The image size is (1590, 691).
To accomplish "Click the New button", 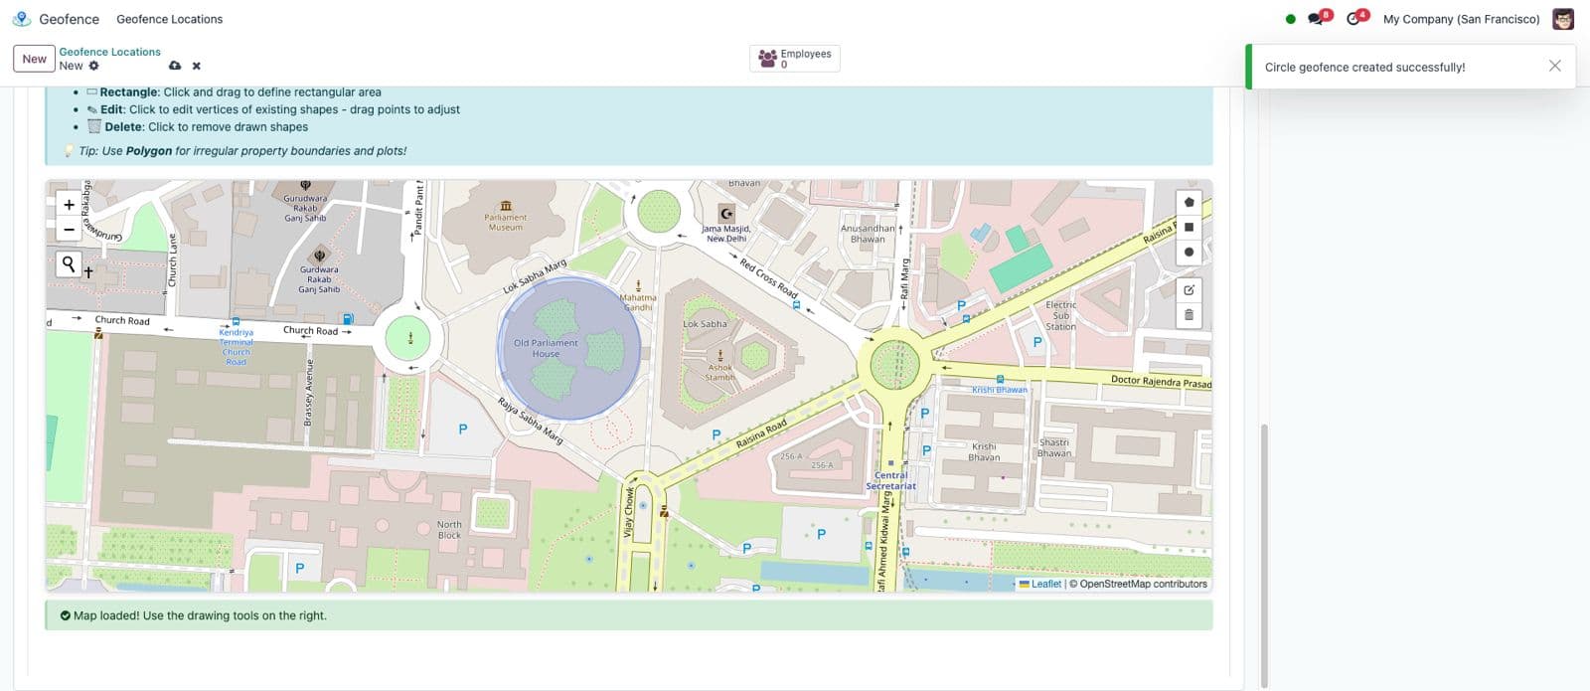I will [x=34, y=59].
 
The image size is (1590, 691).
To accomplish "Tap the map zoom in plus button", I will [x=69, y=205].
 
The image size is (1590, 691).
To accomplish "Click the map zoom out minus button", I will [x=69, y=230].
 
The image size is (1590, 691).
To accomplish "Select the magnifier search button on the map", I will [x=69, y=263].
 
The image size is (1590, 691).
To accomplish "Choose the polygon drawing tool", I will [x=1189, y=202].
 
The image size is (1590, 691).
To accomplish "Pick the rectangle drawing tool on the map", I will [x=1189, y=227].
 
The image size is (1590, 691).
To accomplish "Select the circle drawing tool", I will [x=1189, y=253].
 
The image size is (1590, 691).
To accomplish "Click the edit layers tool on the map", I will [x=1189, y=290].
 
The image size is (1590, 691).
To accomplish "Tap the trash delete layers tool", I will [x=1189, y=315].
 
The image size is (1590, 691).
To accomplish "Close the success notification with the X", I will [x=1554, y=66].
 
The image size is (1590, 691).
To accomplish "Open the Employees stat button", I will [x=794, y=59].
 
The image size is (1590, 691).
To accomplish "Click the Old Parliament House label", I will [x=546, y=348].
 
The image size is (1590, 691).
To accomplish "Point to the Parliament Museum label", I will [x=506, y=222].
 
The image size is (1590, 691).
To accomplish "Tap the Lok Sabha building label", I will [x=705, y=324].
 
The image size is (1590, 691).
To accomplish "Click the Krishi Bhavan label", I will [x=984, y=452].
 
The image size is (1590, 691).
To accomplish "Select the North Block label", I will [x=449, y=530].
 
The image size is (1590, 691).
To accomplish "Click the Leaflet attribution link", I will [x=1045, y=584].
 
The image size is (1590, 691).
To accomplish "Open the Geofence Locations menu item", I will [x=169, y=19].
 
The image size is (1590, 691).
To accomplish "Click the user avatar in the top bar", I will [x=1563, y=19].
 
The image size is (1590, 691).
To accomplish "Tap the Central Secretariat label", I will [x=890, y=480].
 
